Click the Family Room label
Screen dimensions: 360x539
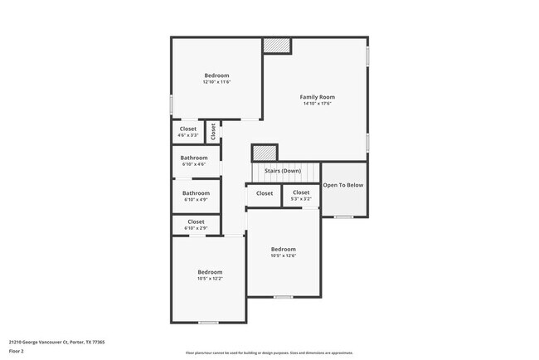(317, 97)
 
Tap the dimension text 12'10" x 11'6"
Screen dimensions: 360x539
(216, 82)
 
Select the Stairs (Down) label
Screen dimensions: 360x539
(282, 171)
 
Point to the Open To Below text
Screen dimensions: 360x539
(343, 185)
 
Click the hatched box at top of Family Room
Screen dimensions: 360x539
(278, 46)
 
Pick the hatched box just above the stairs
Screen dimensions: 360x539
(265, 153)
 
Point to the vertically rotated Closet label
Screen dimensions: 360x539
(213, 131)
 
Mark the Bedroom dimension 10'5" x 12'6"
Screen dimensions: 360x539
(283, 255)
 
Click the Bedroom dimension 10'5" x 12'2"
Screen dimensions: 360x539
(210, 279)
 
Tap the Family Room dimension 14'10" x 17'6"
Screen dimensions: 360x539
(317, 104)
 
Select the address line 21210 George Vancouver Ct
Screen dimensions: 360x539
(56, 341)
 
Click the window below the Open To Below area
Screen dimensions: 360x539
(343, 216)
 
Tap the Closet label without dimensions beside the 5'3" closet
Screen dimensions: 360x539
(265, 193)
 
